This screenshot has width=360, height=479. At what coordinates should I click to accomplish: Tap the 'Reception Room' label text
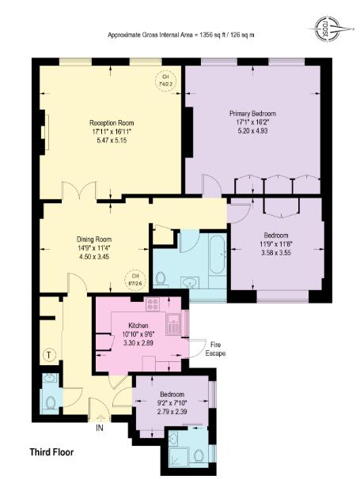click(x=111, y=123)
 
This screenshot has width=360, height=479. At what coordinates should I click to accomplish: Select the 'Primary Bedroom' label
click(x=252, y=113)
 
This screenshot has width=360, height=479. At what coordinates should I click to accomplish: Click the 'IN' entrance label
click(x=100, y=428)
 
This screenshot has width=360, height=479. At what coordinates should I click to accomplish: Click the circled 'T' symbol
click(x=50, y=355)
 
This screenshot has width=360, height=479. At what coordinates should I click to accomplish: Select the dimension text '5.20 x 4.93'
click(x=252, y=130)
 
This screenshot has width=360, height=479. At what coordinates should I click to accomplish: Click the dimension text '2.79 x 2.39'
click(x=172, y=411)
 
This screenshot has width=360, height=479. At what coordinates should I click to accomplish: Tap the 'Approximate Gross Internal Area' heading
click(x=181, y=34)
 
